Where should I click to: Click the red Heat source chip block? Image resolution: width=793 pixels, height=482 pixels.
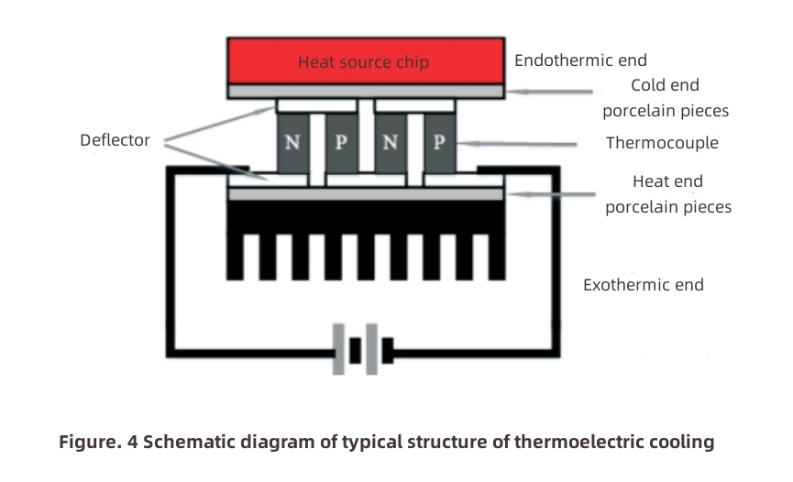(365, 61)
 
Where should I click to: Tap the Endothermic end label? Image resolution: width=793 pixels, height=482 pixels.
(580, 60)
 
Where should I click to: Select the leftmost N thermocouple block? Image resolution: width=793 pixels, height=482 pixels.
(292, 144)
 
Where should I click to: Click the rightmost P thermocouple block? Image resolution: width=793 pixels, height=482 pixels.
(439, 144)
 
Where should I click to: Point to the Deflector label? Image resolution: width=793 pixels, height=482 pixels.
(115, 141)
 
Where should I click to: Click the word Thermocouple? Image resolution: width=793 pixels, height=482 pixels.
(662, 143)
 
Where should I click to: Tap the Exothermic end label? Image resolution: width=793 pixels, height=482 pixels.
(643, 285)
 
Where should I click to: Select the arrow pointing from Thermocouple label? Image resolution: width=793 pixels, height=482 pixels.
(518, 144)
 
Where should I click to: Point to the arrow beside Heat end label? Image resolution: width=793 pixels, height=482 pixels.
(550, 194)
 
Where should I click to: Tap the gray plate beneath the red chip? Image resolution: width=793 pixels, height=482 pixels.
(365, 92)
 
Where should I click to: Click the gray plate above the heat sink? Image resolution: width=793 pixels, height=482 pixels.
(365, 194)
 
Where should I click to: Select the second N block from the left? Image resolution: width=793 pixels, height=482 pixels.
(391, 144)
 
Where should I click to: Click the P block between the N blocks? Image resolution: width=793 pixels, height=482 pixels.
(342, 144)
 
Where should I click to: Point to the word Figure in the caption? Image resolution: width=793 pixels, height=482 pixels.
(86, 443)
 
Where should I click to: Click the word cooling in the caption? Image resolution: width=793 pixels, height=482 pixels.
(680, 443)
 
